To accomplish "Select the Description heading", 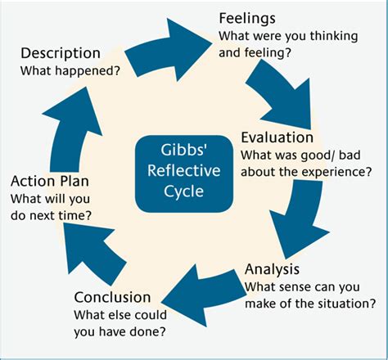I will click(60, 53).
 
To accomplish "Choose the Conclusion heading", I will click(112, 297).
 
